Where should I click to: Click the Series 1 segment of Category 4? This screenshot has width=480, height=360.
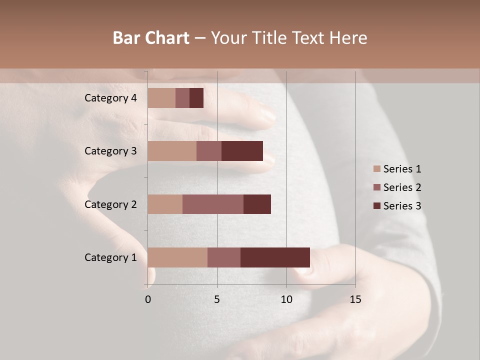pyautogui.click(x=161, y=98)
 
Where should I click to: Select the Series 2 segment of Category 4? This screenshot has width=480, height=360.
pyautogui.click(x=182, y=98)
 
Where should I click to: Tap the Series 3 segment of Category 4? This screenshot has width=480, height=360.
pyautogui.click(x=196, y=98)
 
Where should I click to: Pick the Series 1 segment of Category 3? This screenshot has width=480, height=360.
pyautogui.click(x=172, y=151)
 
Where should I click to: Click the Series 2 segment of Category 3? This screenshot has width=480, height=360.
pyautogui.click(x=209, y=151)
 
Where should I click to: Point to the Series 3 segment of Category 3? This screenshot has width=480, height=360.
pyautogui.click(x=242, y=151)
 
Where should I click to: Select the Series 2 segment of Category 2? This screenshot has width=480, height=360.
pyautogui.click(x=213, y=204)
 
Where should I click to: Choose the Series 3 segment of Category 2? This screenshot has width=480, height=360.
pyautogui.click(x=257, y=204)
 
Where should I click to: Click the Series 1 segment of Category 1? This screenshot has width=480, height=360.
pyautogui.click(x=177, y=257)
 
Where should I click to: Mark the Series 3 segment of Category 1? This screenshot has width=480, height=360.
pyautogui.click(x=275, y=257)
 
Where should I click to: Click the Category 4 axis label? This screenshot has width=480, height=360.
pyautogui.click(x=110, y=98)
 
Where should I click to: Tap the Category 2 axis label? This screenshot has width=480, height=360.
pyautogui.click(x=110, y=204)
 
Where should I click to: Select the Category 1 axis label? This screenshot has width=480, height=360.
pyautogui.click(x=110, y=257)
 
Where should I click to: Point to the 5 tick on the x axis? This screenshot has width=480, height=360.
pyautogui.click(x=217, y=299)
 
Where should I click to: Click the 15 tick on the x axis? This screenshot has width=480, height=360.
pyautogui.click(x=355, y=299)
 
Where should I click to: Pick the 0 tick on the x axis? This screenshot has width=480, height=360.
pyautogui.click(x=148, y=299)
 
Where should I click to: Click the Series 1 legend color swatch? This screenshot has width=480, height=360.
pyautogui.click(x=376, y=169)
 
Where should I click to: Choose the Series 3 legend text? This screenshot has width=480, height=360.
pyautogui.click(x=402, y=206)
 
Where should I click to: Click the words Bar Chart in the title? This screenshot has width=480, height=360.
pyautogui.click(x=151, y=38)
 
